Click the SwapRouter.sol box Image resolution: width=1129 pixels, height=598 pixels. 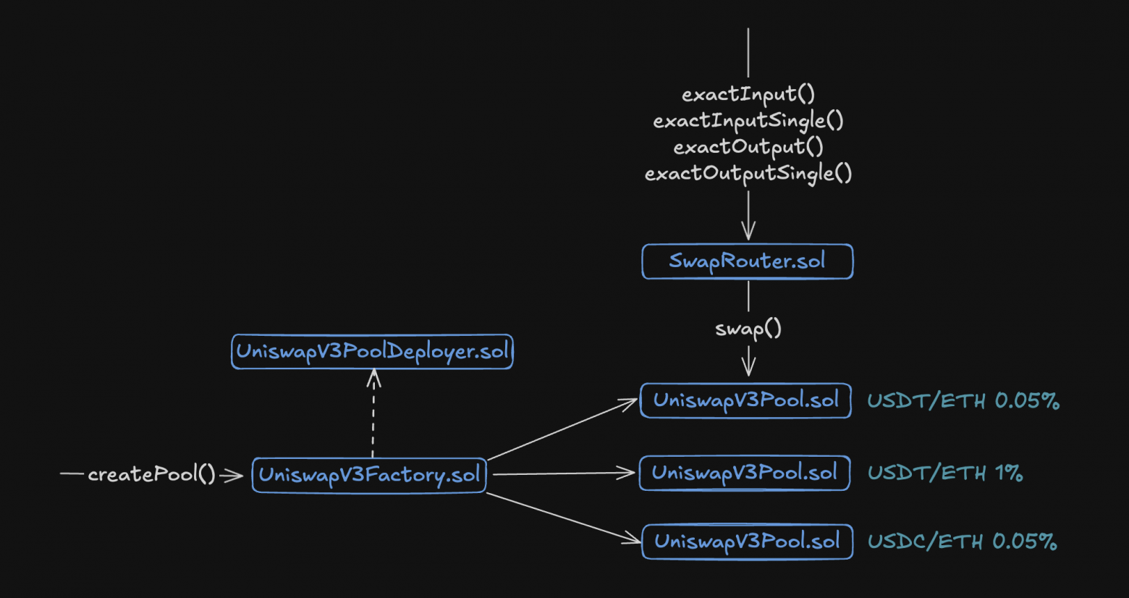[747, 261]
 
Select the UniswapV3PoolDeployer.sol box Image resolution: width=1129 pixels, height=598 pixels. [372, 352]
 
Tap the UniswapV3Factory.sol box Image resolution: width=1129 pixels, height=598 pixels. [369, 475]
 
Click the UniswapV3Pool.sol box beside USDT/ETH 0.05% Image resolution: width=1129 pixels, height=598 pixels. [745, 400]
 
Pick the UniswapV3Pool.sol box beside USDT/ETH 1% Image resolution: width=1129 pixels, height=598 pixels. [744, 473]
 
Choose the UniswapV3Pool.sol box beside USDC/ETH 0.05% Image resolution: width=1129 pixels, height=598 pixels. [747, 542]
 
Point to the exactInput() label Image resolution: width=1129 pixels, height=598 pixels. [748, 94]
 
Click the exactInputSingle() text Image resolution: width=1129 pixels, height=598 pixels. [748, 120]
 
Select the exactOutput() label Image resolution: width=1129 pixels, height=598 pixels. [748, 147]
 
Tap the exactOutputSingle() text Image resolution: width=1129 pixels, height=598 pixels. [748, 174]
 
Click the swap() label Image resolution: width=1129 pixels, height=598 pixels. [748, 329]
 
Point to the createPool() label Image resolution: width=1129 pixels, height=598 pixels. [151, 474]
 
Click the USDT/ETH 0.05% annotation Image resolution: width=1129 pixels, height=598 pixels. [963, 400]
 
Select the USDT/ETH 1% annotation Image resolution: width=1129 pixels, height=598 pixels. [944, 473]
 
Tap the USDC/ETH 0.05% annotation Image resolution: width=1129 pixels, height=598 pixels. [962, 542]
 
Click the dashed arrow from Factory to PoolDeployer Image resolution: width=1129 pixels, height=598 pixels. [373, 416]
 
